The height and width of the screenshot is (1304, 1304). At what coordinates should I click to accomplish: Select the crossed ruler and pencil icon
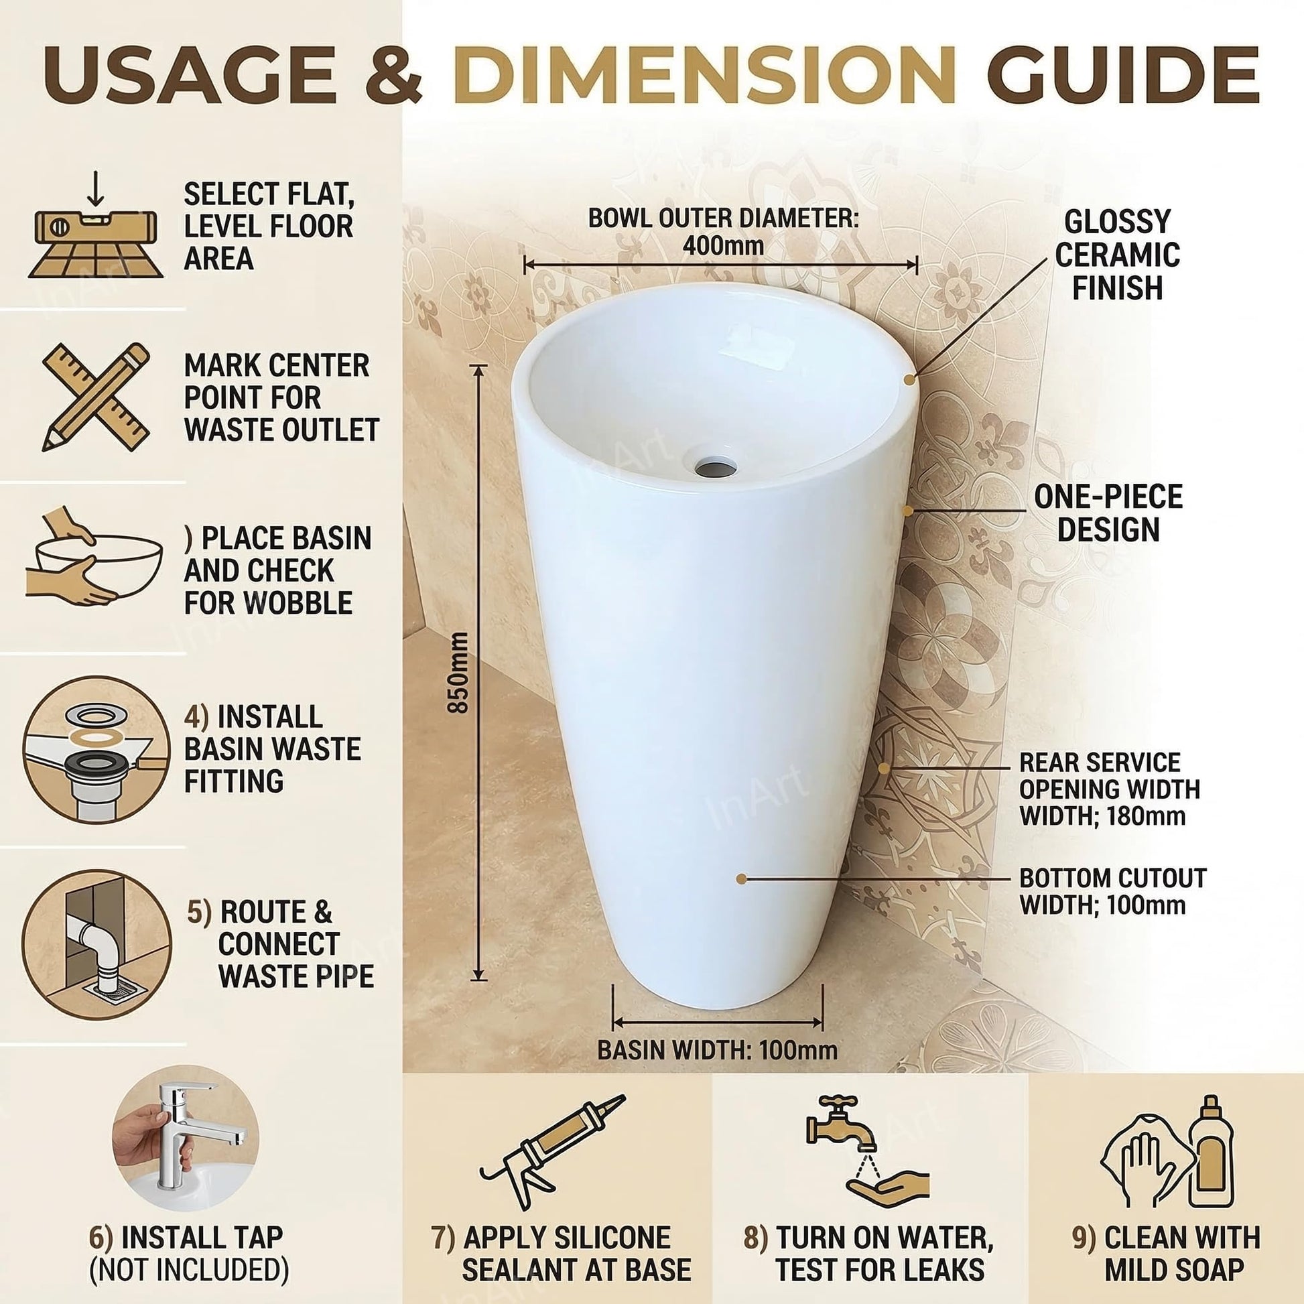[x=96, y=397]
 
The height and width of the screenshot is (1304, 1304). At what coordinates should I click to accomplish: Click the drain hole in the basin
[x=716, y=464]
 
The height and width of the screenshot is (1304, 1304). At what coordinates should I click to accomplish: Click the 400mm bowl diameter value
[x=723, y=245]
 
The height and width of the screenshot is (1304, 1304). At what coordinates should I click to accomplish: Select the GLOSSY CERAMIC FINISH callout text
[x=1117, y=255]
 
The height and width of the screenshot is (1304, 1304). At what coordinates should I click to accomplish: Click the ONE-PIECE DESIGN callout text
[x=1108, y=514]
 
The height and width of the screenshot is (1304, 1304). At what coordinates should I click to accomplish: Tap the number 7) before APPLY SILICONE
[x=442, y=1238]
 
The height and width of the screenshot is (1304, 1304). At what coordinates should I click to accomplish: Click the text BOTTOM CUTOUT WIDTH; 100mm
[x=1112, y=892]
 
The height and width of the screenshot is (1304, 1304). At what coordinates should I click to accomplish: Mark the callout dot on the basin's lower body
[x=741, y=878]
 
